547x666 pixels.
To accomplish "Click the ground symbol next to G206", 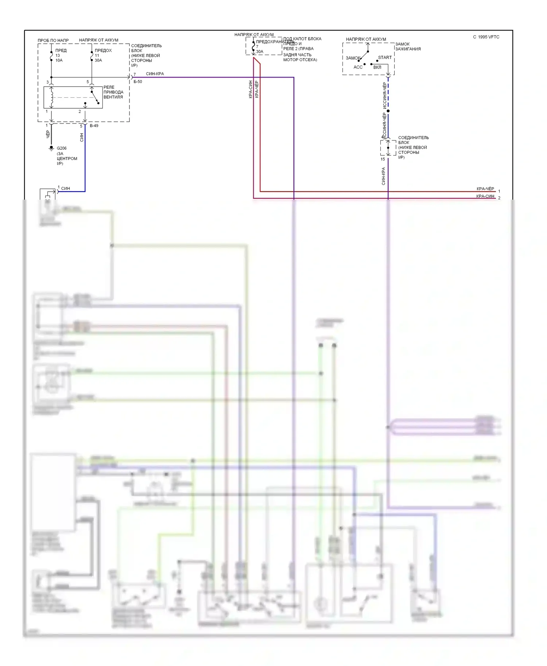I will point(51,148).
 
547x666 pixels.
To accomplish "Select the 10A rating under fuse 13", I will point(59,60).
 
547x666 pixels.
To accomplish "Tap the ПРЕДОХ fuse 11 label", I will point(103,51).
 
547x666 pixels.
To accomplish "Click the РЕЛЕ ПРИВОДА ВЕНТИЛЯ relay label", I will point(113,92).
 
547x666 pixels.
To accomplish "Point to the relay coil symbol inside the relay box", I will point(52,97).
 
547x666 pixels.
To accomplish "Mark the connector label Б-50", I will point(138,82).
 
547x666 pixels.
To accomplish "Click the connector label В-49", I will point(94,126).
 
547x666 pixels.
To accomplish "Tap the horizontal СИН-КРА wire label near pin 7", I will point(155,74).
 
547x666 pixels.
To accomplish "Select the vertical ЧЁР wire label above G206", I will point(47,134).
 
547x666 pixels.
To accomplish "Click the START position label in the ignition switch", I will point(385,58).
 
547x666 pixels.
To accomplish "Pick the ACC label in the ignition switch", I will point(358,67).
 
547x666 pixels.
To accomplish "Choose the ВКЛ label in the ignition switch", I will point(377,67).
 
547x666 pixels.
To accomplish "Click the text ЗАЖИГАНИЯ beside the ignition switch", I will point(408,49).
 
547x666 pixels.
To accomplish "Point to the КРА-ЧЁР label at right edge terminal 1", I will point(485,189).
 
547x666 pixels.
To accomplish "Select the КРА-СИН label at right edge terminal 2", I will point(485,196).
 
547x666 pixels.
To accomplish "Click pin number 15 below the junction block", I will point(383,159).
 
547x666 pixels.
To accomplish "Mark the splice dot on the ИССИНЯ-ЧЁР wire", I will point(388,111).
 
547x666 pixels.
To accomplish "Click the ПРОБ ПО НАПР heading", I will point(53,40).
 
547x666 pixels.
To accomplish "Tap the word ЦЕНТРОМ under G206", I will point(67,159).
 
